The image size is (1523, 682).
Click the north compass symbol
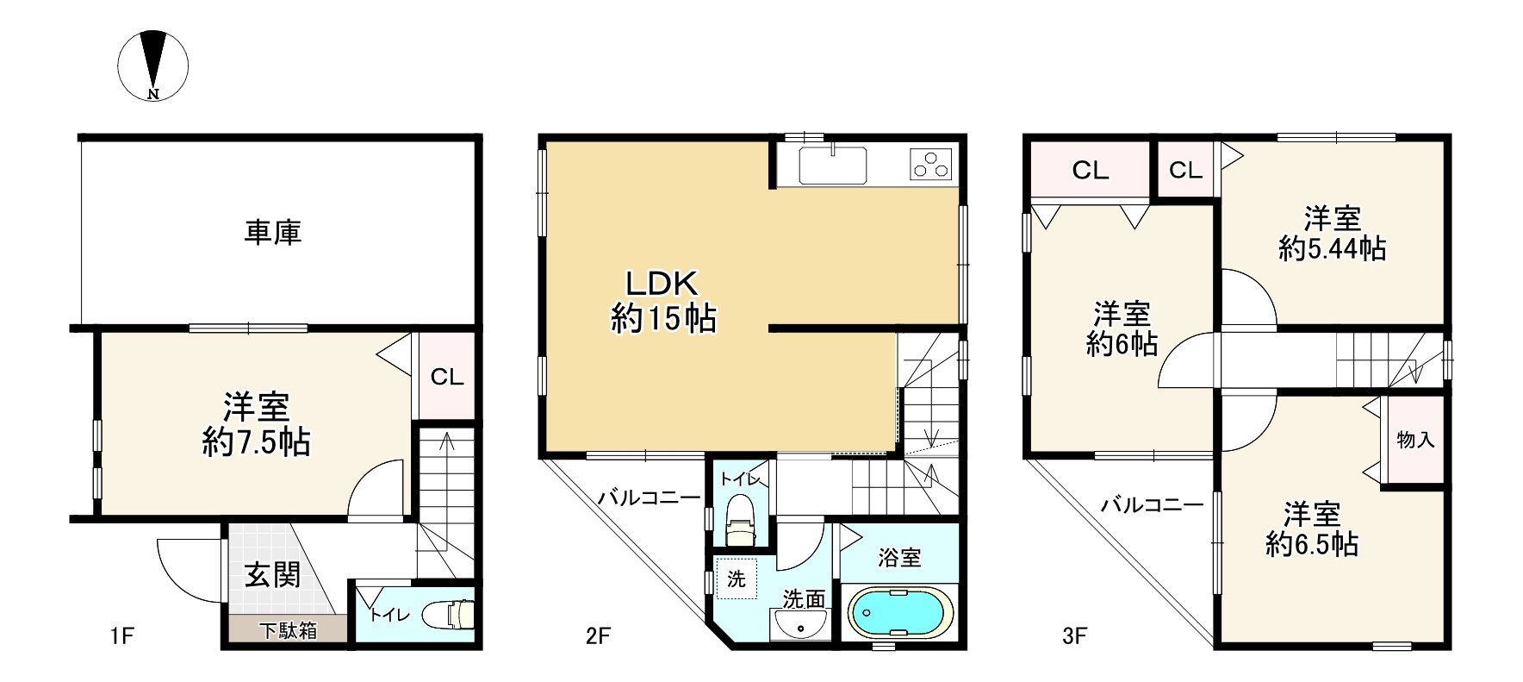coord(153,65)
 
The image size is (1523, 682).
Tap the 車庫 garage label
coord(272,233)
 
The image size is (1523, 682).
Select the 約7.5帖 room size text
coord(256,443)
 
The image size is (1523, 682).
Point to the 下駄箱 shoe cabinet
coord(288,630)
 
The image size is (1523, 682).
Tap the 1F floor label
coord(121,636)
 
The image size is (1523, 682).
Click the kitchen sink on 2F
coord(833,166)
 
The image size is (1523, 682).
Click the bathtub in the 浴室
coord(901,613)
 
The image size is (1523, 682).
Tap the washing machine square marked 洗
coord(737,579)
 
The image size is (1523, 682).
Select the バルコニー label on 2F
coord(649,497)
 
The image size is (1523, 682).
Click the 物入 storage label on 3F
coord(1415,440)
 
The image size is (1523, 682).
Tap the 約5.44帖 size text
coord(1332,249)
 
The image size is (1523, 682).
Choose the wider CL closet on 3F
coord(1090,171)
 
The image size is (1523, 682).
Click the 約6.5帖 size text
coord(1312,544)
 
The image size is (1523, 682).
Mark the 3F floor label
coord(1074,636)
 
